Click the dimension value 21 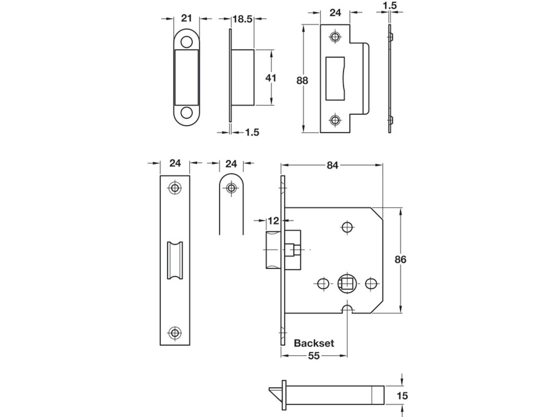[186, 18]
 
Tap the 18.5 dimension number [242, 19]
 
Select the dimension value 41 [271, 78]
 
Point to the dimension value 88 [302, 80]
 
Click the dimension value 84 [332, 166]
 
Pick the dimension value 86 [400, 259]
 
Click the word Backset [314, 343]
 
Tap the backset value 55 [314, 356]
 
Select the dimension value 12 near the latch [273, 221]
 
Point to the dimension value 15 [402, 396]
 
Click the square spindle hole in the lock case [347, 283]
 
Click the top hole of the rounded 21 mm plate [186, 42]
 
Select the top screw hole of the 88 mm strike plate [335, 37]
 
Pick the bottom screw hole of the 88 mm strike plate [335, 120]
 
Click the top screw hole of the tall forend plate [175, 188]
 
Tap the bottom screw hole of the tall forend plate [175, 333]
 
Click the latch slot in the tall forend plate [175, 260]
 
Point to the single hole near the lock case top [347, 227]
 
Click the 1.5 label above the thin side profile [390, 6]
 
